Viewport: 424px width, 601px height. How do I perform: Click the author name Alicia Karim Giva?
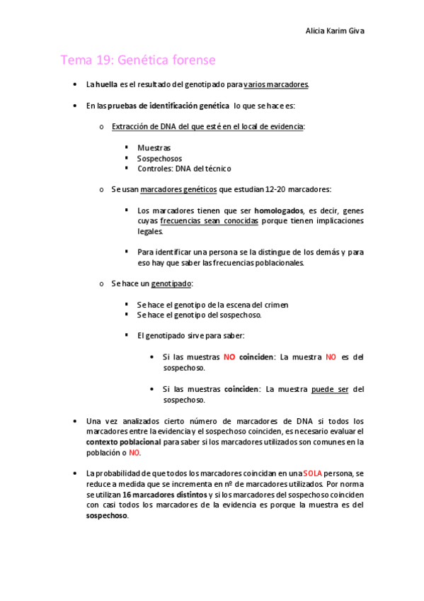click(335, 30)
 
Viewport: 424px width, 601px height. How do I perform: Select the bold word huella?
click(107, 85)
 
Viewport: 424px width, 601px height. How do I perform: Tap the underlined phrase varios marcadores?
click(275, 85)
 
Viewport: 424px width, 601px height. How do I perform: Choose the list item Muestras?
click(154, 148)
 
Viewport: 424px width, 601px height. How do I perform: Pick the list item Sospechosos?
click(159, 159)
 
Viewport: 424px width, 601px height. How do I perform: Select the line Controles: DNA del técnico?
click(184, 169)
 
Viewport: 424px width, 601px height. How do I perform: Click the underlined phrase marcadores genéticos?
click(179, 189)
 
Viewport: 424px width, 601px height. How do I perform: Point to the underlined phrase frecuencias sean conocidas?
click(210, 221)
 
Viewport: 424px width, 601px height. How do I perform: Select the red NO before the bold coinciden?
click(229, 357)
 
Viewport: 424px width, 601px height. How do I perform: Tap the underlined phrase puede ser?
click(330, 389)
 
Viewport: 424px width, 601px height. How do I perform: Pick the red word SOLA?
click(313, 473)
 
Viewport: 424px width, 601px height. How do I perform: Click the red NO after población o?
click(134, 452)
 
